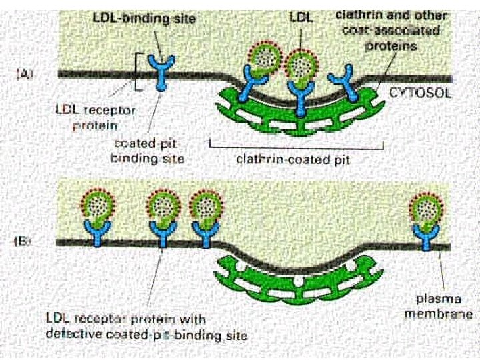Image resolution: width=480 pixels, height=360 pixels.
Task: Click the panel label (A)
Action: [x=25, y=75]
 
